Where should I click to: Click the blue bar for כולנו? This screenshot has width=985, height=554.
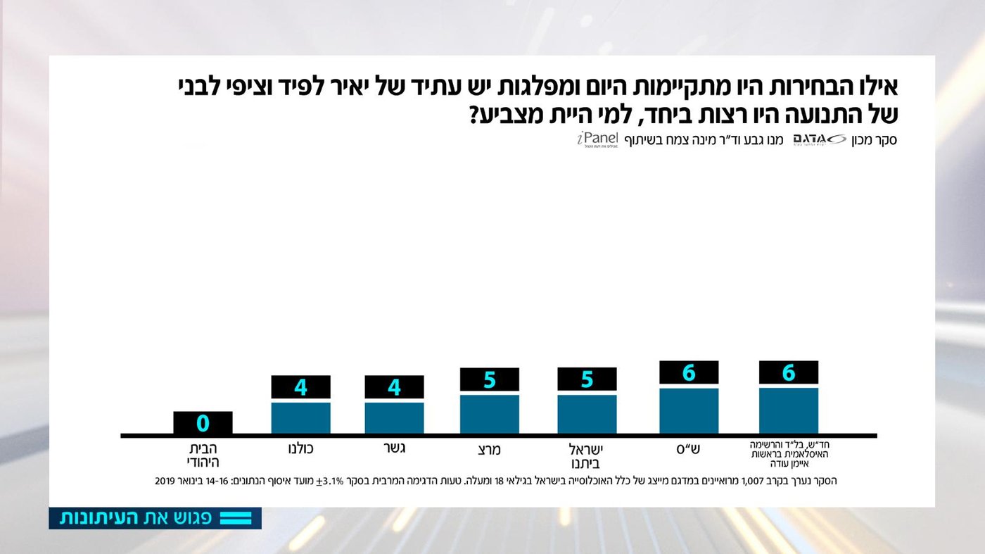pos(300,417)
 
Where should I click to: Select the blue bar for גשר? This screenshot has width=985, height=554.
pos(394,417)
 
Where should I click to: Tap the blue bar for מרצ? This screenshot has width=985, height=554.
pos(489,414)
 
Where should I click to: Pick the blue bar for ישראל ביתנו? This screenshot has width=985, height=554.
pos(587,414)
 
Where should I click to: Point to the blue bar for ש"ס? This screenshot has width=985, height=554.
pos(689,410)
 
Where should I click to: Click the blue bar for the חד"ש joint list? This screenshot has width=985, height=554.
pos(789,410)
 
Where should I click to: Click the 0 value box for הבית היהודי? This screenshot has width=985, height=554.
pos(203,423)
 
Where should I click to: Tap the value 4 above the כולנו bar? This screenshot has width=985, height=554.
pos(300,387)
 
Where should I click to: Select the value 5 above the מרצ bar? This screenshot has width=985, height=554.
pos(489,379)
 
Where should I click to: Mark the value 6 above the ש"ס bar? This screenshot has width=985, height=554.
pos(689,372)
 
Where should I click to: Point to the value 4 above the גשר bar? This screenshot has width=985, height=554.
pos(394,387)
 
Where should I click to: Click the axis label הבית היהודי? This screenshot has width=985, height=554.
pos(203,455)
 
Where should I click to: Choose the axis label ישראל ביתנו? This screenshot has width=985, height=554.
pos(587,455)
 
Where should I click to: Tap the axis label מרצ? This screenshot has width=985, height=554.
pos(488,449)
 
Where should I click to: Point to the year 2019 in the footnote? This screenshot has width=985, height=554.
pos(165,481)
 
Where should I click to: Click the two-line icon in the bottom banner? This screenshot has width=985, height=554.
pos(236,518)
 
